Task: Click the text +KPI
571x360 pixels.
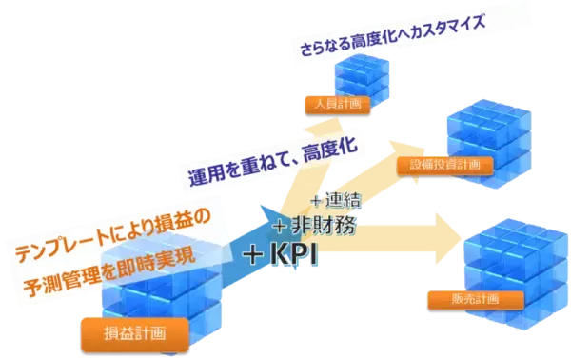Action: (280, 256)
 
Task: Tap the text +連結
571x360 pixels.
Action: (333, 202)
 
